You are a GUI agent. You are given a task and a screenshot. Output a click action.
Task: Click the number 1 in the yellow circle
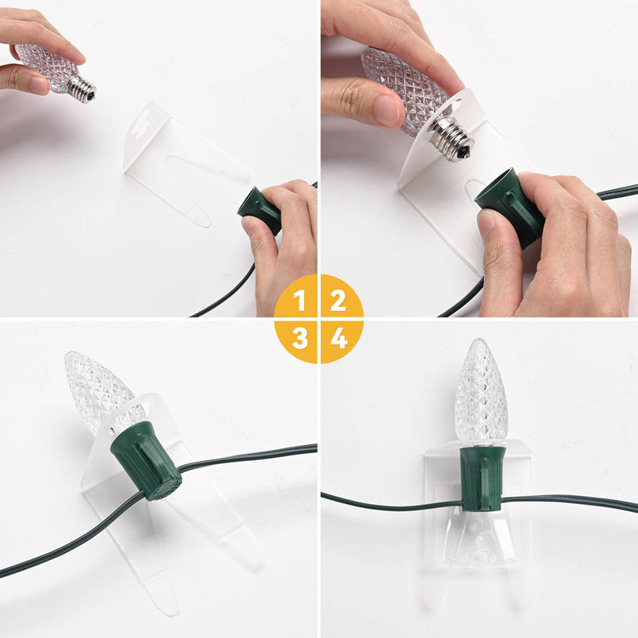300,301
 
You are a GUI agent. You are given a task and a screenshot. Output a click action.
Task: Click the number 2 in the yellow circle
338,301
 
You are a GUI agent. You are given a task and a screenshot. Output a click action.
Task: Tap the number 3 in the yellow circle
300,338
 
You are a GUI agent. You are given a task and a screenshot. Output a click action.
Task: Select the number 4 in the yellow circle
339,338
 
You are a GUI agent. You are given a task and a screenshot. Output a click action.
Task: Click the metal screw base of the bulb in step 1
81,89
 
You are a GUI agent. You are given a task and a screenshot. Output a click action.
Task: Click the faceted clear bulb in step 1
46,65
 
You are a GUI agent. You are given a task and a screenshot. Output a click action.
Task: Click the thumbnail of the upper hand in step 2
389,111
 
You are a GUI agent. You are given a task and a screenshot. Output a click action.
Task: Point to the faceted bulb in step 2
397,88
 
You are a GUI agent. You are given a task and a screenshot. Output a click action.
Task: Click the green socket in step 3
147,460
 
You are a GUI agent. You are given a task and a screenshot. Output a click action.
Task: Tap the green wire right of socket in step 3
247,454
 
